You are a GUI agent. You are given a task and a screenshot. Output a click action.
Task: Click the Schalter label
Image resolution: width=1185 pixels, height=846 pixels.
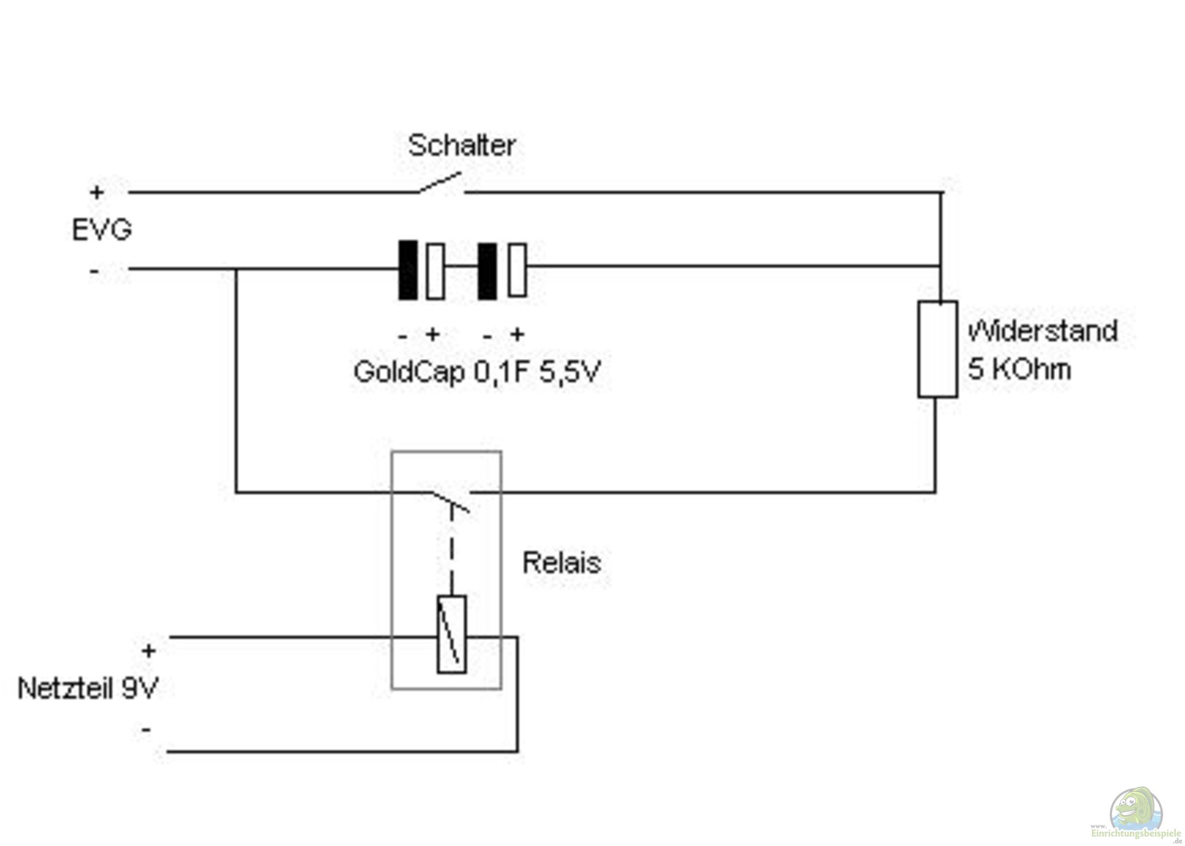pos(461,146)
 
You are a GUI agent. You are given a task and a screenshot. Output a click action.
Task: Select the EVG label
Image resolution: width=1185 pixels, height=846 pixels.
pos(102,230)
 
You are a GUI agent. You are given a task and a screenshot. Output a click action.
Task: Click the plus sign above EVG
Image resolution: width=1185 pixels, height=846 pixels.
pos(97,193)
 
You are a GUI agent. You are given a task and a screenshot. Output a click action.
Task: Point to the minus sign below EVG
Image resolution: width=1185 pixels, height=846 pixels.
pos(94,271)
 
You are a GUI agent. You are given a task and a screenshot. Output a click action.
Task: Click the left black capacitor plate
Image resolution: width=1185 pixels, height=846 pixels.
pos(407,270)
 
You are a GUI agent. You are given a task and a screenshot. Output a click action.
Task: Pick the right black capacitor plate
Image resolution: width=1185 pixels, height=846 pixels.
pos(487,270)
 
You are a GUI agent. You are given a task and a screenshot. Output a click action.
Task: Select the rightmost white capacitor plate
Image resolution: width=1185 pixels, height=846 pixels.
pos(517,270)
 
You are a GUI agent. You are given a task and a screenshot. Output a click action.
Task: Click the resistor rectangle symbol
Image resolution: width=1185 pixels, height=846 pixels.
pos(938,349)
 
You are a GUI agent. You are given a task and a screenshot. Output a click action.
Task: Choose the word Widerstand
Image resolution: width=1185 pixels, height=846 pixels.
pos(1042,332)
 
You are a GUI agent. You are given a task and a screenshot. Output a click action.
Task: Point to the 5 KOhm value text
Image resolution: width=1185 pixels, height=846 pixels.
pos(1019,370)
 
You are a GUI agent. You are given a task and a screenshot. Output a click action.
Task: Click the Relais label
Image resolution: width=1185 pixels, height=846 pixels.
pos(561,563)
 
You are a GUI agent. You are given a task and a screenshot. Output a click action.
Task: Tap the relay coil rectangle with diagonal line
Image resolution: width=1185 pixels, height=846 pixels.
pos(452,634)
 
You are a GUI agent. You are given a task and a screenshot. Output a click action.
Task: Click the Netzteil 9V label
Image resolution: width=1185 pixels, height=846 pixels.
pos(88,689)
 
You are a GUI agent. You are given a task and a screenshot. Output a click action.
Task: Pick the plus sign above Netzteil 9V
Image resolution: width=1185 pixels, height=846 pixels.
pos(149,651)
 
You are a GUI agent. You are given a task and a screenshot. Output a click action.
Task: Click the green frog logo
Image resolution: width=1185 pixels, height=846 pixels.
pos(1136,809)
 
